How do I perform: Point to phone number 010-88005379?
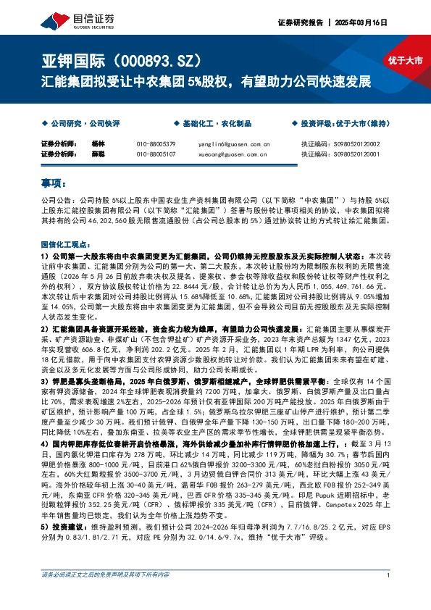[x=156, y=144]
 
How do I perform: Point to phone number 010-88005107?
[x=156, y=154]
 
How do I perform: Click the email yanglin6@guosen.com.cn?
[x=233, y=144]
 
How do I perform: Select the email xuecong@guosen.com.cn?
[x=233, y=154]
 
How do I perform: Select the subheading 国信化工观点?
[x=64, y=246]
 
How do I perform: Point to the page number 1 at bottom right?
[x=389, y=596]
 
